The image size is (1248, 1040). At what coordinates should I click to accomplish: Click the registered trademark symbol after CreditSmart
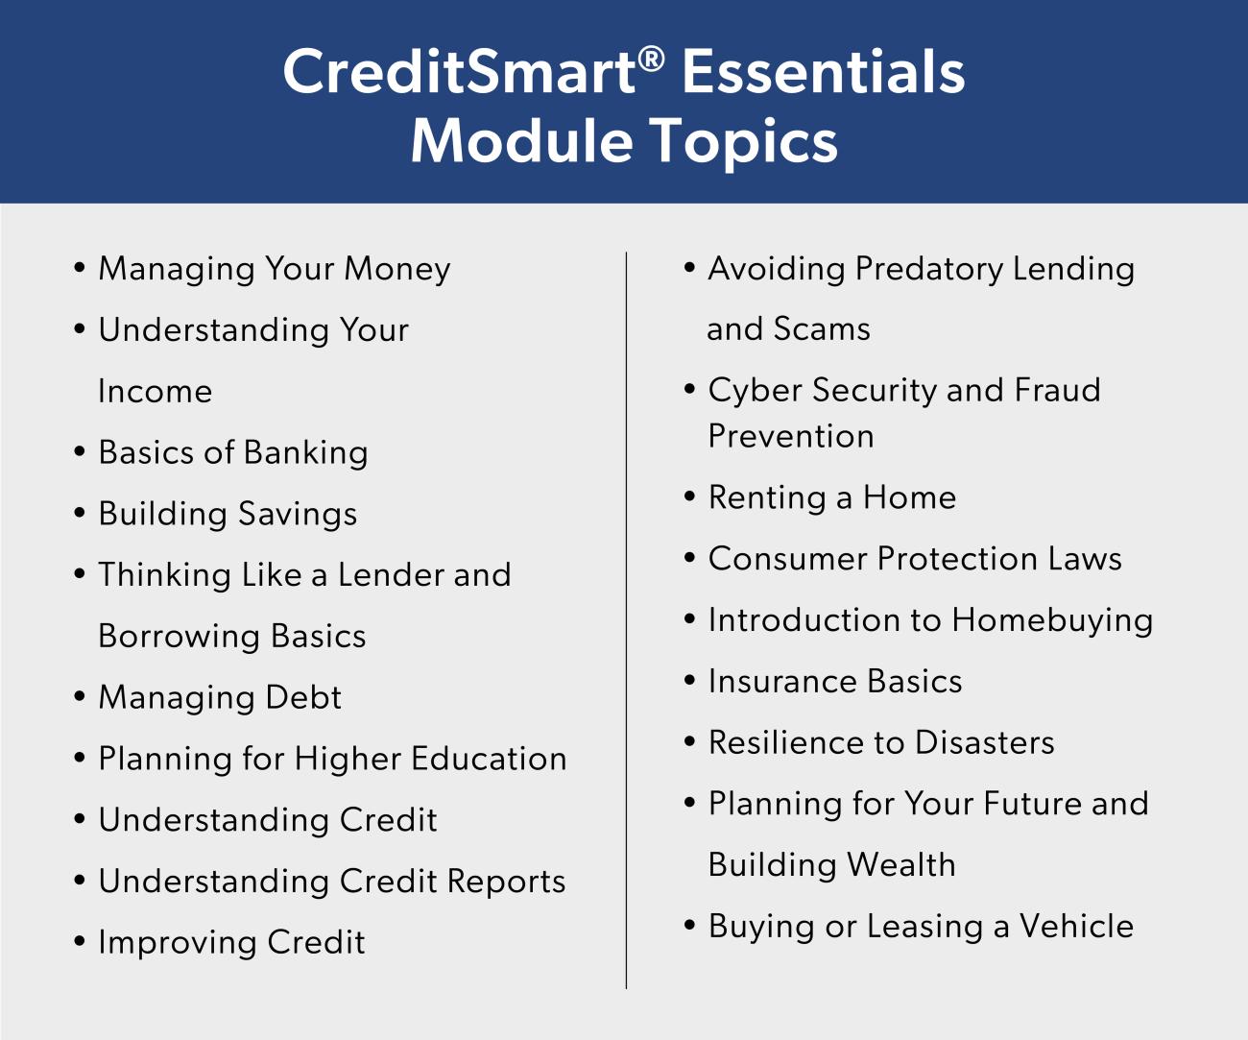[x=651, y=60]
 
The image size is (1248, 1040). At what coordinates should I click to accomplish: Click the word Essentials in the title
[x=823, y=72]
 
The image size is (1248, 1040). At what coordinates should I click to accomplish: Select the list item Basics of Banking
[x=233, y=452]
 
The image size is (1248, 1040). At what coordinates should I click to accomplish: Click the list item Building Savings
[x=228, y=514]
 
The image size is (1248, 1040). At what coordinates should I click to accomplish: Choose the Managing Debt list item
[x=220, y=697]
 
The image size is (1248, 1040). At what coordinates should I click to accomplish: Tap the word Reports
[x=506, y=882]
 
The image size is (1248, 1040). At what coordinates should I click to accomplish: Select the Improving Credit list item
[x=231, y=942]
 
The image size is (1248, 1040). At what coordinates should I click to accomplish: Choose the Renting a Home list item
[x=831, y=497]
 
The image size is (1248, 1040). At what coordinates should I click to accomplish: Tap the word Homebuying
[x=1052, y=620]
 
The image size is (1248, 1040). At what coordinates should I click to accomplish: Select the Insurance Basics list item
[x=834, y=682]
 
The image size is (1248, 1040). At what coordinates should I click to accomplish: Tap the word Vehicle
[x=1076, y=927]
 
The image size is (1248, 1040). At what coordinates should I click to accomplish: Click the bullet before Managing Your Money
[x=80, y=268]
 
